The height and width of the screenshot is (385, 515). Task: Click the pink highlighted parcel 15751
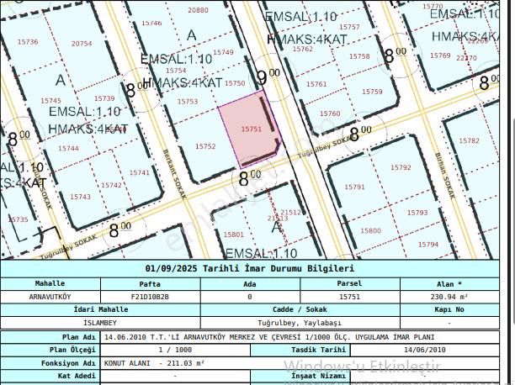(250, 130)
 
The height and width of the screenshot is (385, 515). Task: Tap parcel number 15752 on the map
(205, 146)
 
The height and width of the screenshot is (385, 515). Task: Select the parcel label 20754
(82, 43)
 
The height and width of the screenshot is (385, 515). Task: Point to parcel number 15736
(28, 42)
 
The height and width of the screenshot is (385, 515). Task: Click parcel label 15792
(401, 168)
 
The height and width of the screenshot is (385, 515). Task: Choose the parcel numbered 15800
(370, 230)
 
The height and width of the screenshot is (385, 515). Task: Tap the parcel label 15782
(469, 140)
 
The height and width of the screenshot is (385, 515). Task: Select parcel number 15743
(80, 197)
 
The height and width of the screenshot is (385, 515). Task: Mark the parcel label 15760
(330, 113)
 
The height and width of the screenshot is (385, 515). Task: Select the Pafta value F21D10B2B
(150, 297)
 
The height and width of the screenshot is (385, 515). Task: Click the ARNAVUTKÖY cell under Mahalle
(50, 297)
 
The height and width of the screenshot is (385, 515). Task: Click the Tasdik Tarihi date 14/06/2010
(425, 349)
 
